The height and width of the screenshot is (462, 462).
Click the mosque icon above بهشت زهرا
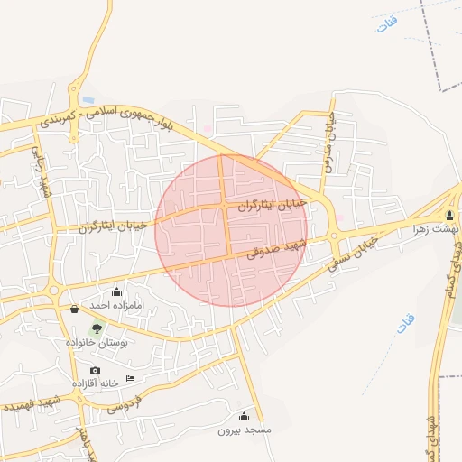click(x=449, y=216)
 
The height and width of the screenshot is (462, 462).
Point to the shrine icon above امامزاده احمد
click(x=116, y=291)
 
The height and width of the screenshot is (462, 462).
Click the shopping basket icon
click(x=74, y=309)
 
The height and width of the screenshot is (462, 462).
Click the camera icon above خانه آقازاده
click(x=95, y=370)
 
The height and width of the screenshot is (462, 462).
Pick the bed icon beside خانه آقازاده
click(x=130, y=378)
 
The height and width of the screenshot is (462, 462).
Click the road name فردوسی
click(x=125, y=407)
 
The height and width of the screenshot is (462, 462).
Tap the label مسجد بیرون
click(x=244, y=430)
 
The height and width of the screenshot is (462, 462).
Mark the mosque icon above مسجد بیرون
click(x=243, y=416)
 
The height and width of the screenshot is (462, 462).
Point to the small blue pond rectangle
click(x=88, y=97)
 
